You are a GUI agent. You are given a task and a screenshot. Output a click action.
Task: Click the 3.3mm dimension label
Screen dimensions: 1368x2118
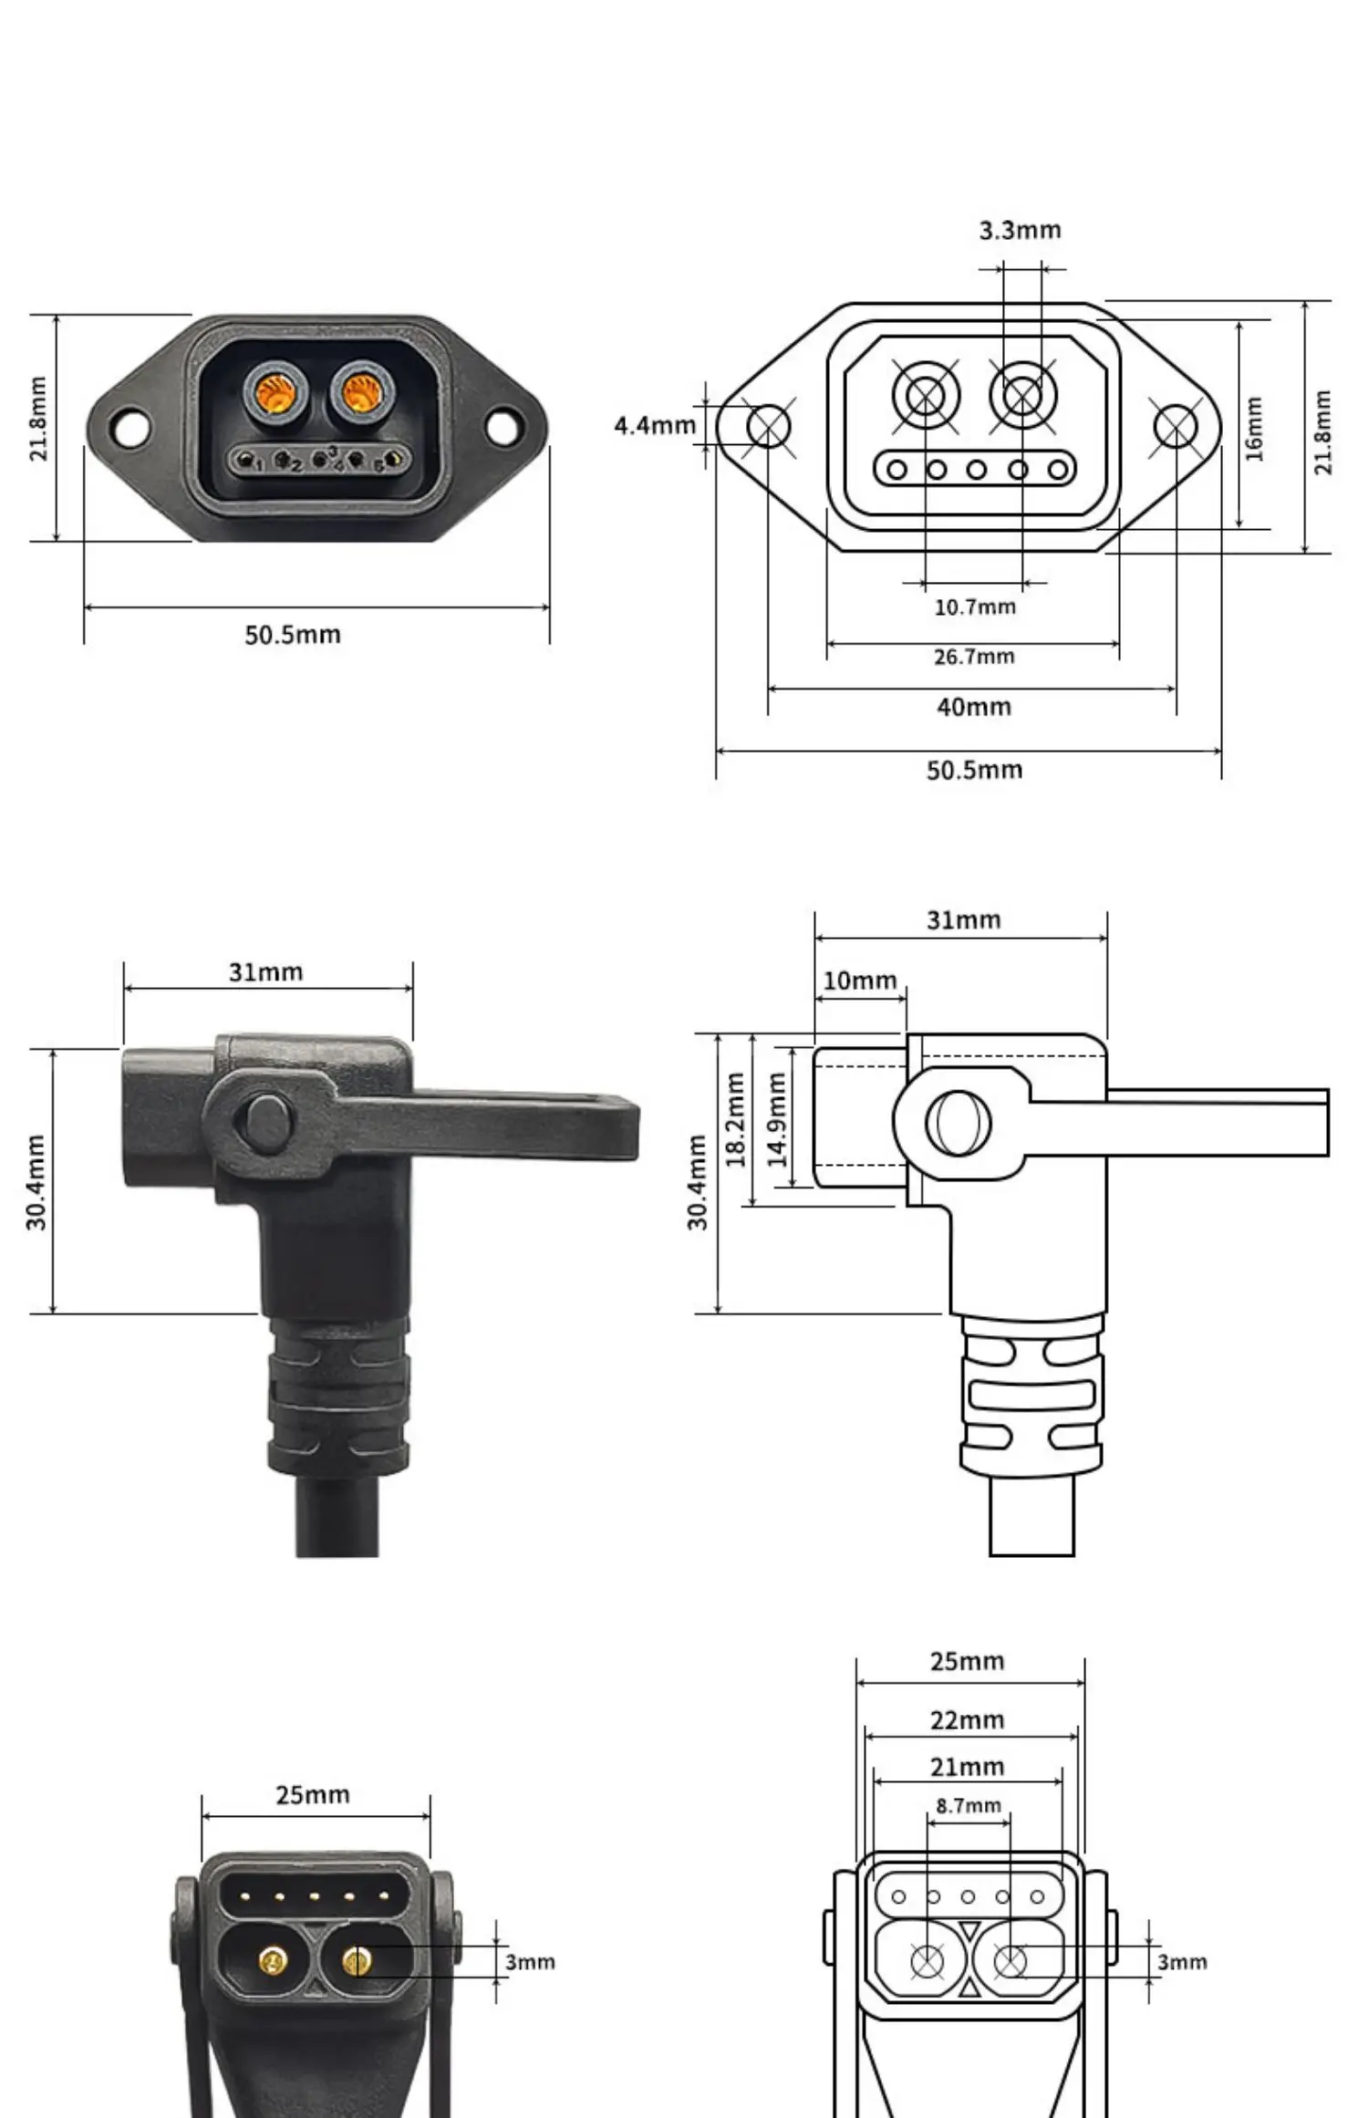point(1020,230)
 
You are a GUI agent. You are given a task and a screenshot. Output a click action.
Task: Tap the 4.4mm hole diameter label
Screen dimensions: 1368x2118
point(655,425)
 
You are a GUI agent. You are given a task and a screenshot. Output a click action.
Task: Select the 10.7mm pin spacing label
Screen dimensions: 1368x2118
point(974,607)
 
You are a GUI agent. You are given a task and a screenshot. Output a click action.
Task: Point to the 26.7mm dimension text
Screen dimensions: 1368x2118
point(973,656)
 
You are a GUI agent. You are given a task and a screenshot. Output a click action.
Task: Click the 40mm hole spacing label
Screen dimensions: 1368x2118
point(973,706)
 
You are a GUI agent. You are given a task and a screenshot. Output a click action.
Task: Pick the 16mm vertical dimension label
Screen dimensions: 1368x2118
point(1254,428)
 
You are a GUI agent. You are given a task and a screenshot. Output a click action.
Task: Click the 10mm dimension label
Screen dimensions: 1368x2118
point(859,981)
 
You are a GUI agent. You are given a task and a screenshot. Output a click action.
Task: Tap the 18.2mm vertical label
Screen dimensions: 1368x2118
point(735,1119)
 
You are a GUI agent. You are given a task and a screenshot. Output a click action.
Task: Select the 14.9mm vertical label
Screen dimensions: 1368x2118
point(776,1119)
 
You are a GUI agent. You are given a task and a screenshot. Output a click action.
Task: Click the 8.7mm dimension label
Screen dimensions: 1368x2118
point(968,1805)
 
